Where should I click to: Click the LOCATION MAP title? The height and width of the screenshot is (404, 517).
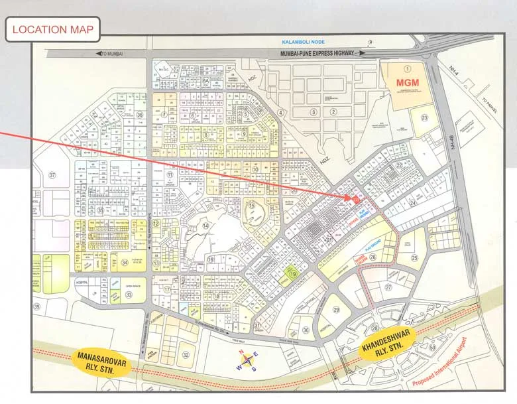[53, 29]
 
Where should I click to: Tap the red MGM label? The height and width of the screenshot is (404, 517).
[407, 83]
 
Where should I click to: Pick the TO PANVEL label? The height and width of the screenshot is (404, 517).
[491, 106]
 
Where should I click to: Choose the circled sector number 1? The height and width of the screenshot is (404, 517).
[408, 68]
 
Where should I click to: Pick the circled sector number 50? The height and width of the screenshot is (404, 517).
[433, 347]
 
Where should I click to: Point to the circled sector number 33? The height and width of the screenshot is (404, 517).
[129, 294]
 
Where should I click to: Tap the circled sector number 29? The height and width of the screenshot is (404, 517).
[336, 309]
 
